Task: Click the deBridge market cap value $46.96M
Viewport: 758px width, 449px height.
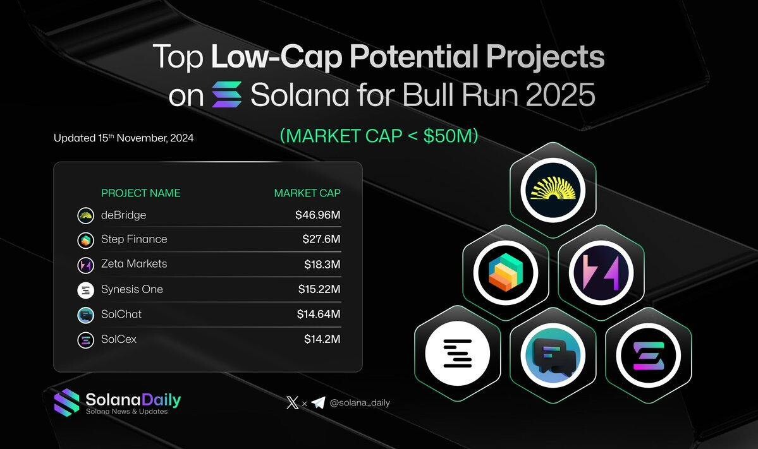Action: coord(317,215)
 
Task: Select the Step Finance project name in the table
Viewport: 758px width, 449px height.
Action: coord(134,239)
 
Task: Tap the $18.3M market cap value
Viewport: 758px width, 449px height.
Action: coord(322,265)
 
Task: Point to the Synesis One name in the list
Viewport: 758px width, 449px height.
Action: coord(132,289)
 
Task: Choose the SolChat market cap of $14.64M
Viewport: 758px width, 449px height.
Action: coord(319,314)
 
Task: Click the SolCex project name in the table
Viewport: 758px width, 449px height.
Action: coord(119,339)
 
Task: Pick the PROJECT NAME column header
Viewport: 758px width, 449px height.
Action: coord(141,193)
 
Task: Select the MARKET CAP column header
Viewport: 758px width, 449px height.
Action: coord(307,193)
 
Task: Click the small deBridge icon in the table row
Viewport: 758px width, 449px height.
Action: coord(85,215)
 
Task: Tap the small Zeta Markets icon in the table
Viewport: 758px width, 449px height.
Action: coord(85,265)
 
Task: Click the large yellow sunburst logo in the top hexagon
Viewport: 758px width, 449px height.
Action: coord(553,190)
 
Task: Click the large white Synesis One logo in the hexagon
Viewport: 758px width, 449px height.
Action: coord(457,354)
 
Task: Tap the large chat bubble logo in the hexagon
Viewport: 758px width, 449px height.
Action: coord(553,356)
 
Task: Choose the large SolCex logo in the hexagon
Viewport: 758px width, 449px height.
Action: coord(648,356)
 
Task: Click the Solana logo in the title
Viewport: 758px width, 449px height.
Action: coord(227,95)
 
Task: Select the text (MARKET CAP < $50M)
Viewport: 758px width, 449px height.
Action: coord(379,136)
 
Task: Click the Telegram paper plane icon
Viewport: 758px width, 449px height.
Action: coord(318,403)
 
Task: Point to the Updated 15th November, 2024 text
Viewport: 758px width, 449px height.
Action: coord(124,138)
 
